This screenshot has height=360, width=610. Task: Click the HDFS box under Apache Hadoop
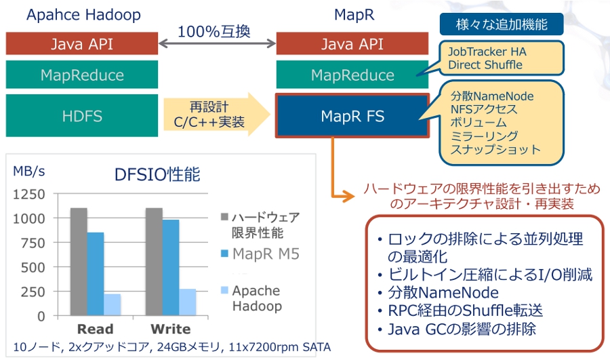point(82,115)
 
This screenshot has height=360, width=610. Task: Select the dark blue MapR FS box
point(352,115)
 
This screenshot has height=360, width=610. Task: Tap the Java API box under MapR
point(352,43)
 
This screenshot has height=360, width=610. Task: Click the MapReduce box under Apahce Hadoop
point(82,75)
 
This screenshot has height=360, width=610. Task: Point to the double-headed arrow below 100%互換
point(217,43)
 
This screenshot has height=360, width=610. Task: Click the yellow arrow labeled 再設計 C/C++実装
point(216,115)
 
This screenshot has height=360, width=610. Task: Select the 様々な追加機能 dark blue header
point(502,24)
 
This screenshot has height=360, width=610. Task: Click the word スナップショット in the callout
point(495,149)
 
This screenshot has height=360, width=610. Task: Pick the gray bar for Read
point(79,262)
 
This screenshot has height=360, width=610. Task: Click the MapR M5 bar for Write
point(171,268)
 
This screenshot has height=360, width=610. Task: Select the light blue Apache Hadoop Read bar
point(112,304)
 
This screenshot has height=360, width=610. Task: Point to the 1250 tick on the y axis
point(29,194)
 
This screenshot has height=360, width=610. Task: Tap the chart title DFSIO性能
point(157,174)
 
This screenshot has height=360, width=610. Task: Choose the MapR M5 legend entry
point(260,254)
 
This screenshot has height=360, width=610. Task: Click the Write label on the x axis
point(171,329)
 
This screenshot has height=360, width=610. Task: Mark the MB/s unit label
point(28,171)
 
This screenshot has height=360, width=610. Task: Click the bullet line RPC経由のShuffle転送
point(465,311)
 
